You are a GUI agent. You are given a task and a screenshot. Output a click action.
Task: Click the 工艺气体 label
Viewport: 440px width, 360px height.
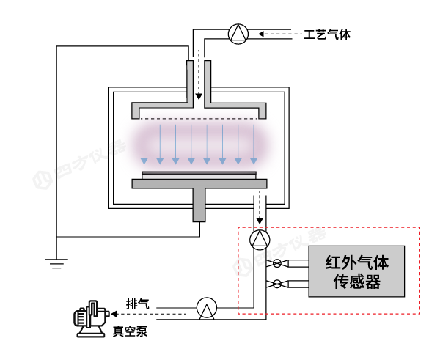(327, 34)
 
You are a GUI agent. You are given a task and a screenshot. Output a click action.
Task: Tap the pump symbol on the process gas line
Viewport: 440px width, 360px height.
(238, 34)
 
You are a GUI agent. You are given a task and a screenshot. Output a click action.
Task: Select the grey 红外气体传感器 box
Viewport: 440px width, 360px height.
(356, 271)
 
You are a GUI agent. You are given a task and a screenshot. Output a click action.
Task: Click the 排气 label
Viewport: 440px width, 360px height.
(137, 304)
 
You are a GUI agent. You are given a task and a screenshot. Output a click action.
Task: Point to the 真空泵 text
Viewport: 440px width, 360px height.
(130, 331)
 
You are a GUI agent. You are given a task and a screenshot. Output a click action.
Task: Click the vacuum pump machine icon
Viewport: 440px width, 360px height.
(90, 320)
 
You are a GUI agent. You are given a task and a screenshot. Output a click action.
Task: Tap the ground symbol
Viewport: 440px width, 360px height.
(56, 260)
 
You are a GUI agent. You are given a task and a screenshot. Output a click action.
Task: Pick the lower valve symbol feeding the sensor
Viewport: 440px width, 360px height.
(277, 283)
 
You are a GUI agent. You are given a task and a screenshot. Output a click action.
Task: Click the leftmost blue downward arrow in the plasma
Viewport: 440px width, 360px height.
(144, 144)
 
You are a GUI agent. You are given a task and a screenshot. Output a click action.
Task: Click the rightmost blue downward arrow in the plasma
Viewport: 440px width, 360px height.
(254, 144)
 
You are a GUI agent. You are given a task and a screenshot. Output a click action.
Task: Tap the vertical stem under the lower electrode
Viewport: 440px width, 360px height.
(198, 203)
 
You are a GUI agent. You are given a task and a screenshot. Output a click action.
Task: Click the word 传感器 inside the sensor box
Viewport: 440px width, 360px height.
(356, 282)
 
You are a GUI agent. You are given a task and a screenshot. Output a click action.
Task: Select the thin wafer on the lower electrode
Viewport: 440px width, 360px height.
(199, 173)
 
